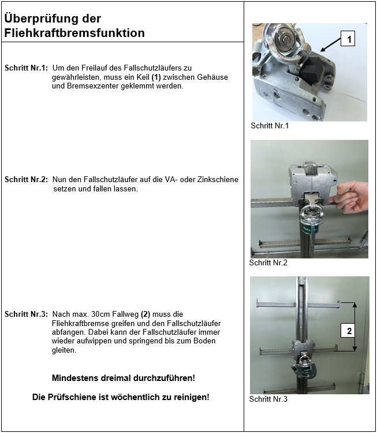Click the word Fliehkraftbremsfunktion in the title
pos(74,34)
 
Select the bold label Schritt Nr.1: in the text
pos(27,68)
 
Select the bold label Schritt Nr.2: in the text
pos(27,180)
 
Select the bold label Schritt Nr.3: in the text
pos(27,314)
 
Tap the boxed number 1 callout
pos(349,39)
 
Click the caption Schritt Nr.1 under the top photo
pos(270,125)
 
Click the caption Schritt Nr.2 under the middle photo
pos(268,262)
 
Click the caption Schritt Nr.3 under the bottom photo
pos(268,399)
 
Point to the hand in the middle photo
pos(353,195)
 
